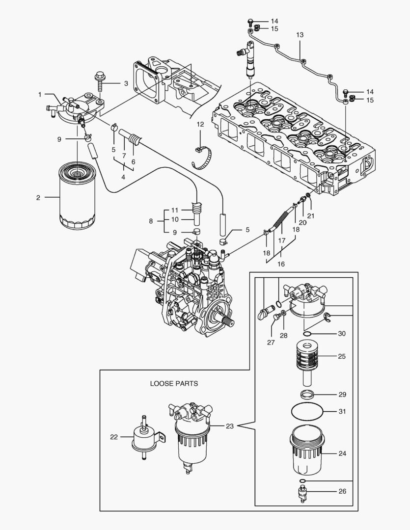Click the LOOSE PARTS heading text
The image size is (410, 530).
point(174,383)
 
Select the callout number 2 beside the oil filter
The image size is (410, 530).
point(38,198)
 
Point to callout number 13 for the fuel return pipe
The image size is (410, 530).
point(300,35)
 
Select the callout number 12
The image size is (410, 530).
point(200,125)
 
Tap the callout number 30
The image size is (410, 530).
point(342,334)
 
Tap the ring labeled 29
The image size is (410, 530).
point(308,394)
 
